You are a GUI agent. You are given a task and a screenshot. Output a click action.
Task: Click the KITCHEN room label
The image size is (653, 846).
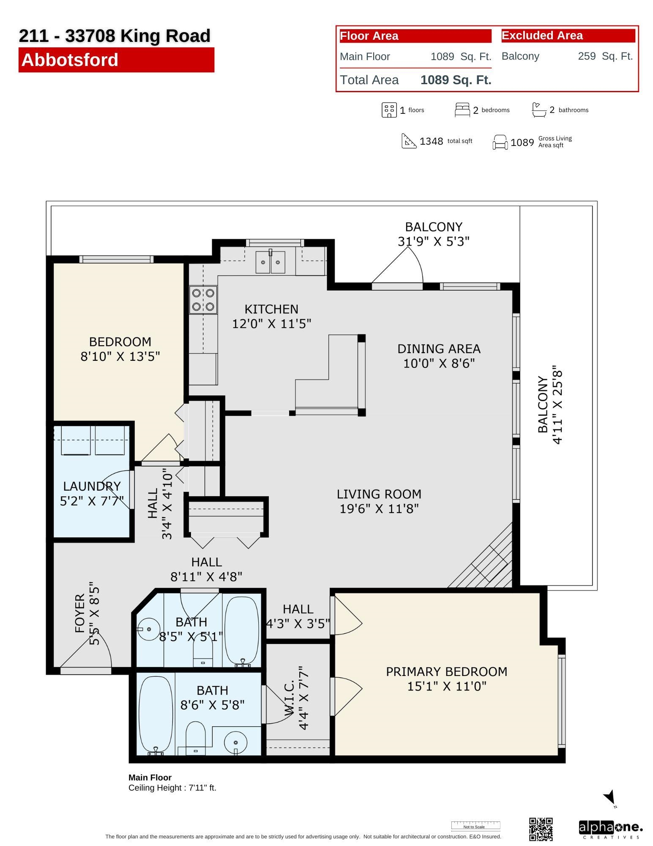(x=271, y=309)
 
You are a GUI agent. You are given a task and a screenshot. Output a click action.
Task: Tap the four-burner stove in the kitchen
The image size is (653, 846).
(x=203, y=299)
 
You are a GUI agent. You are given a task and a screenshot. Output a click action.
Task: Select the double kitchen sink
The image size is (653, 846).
(x=270, y=262)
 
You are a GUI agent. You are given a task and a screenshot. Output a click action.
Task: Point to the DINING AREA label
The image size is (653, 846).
(x=439, y=349)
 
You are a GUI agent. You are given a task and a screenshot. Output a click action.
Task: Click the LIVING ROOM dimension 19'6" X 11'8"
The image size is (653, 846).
(x=379, y=508)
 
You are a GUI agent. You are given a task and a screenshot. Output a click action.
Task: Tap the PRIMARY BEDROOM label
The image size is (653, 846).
(x=447, y=672)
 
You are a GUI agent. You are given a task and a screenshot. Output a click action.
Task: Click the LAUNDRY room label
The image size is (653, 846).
(x=92, y=486)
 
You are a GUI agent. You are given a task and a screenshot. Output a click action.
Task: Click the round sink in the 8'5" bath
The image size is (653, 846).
(x=148, y=629)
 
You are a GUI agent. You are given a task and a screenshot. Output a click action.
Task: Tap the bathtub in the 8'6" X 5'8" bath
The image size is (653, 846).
(x=156, y=714)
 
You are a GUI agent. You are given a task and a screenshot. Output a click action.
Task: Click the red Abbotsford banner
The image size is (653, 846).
(x=116, y=60)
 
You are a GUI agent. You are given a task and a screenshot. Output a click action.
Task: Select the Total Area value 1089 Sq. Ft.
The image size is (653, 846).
(x=456, y=80)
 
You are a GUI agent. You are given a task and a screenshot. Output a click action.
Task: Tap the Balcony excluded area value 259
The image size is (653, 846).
(x=587, y=56)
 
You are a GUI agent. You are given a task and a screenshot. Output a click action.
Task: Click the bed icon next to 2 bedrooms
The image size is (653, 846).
(x=462, y=110)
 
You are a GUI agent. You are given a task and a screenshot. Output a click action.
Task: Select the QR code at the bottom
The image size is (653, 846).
(x=541, y=829)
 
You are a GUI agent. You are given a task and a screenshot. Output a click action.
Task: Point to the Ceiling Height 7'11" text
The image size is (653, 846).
(x=172, y=788)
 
